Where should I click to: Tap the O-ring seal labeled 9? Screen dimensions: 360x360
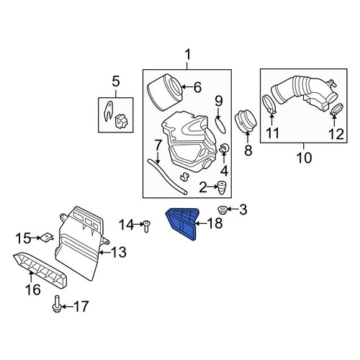221,125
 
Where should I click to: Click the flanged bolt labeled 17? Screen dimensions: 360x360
56,304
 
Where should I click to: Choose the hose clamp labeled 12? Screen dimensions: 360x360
336,109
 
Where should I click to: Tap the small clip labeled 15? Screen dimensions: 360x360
47,238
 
